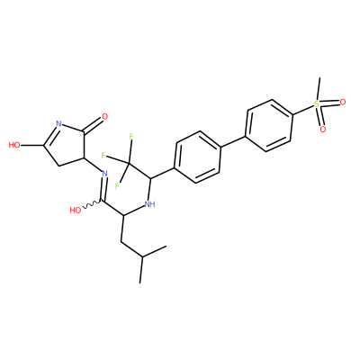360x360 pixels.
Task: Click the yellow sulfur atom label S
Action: coord(317,104)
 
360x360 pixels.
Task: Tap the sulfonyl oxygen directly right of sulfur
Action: coord(343,103)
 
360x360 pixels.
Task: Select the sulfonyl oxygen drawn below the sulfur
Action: coord(323,130)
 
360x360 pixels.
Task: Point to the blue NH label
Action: coord(149,204)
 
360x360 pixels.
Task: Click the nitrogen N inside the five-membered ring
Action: coord(58,123)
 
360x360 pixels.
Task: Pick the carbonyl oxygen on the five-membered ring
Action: coord(104,117)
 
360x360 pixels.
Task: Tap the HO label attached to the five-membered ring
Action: coord(14,146)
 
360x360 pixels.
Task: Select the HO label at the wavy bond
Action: coord(76,211)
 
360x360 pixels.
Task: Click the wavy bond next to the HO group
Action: coord(92,204)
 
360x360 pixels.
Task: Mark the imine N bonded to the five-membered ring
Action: coord(104,174)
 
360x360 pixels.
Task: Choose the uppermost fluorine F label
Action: coord(131,137)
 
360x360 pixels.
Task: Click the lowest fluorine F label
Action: coord(117,186)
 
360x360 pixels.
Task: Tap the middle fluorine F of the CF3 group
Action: coord(103,156)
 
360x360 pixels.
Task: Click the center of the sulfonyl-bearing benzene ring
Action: coord(269,126)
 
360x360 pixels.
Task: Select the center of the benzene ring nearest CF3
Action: coord(198,157)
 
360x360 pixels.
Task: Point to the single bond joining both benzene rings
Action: coord(233,141)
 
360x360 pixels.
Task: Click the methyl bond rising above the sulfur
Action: coord(319,89)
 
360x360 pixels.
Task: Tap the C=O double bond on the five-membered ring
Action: coord(93,124)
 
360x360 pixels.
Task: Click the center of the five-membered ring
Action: coord(66,145)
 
